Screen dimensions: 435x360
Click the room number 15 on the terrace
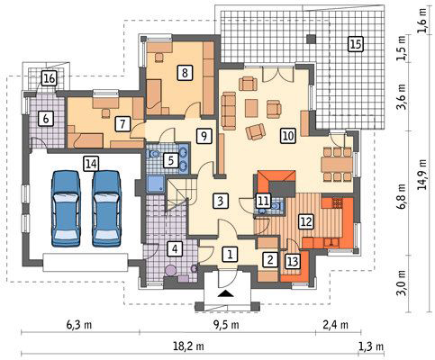coord(356,44)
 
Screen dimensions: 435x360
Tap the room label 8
coord(185,73)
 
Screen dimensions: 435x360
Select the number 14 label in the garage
coord(91,164)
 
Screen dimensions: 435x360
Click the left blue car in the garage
coord(66,209)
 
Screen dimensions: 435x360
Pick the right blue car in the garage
coord(106,209)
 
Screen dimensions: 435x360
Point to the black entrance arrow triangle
coord(227,293)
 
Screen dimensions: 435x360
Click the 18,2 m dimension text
coord(188,346)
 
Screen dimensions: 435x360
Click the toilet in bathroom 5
coord(154,155)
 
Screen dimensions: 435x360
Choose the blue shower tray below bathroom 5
coord(156,184)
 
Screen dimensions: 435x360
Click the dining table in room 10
coord(337,165)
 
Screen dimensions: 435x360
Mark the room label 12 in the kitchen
coord(306,221)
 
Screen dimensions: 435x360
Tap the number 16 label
coord(49,78)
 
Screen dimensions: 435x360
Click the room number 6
coord(46,119)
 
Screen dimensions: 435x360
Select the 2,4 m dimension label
coord(336,325)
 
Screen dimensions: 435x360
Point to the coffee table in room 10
coord(251,108)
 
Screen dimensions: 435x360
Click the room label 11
coord(263,201)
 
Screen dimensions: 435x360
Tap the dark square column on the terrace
coord(312,39)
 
